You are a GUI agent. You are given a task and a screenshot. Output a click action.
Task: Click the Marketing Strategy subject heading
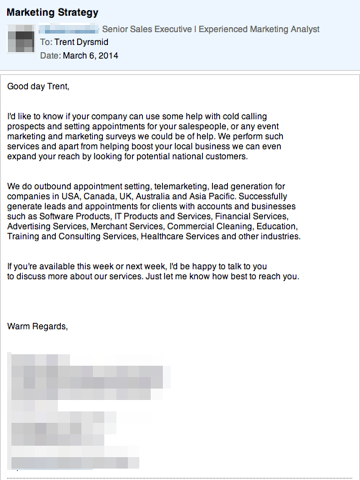[x=52, y=13]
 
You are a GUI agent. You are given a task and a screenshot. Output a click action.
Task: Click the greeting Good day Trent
[x=39, y=87]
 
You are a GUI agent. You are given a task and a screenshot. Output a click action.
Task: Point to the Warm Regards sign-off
[x=37, y=326]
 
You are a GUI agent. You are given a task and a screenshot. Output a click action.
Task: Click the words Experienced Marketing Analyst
[x=259, y=29]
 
